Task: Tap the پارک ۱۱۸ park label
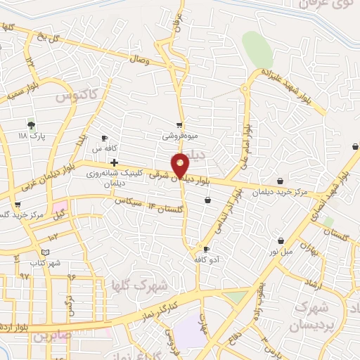[32, 134]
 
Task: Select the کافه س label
[104, 149]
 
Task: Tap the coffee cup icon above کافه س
[104, 139]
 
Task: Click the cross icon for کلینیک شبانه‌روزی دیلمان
[114, 162]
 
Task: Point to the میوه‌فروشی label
[177, 136]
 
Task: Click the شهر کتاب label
[45, 262]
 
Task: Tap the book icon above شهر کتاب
[45, 252]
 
